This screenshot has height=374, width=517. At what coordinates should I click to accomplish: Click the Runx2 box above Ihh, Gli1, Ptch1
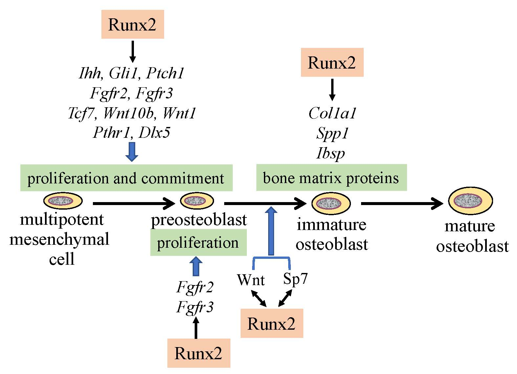(132, 25)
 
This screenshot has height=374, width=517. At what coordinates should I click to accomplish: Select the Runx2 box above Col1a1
(332, 62)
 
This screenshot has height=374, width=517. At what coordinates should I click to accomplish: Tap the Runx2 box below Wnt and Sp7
(271, 323)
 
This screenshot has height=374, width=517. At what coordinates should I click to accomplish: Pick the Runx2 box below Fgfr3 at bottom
(198, 353)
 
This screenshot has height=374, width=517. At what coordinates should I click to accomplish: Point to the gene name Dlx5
(155, 133)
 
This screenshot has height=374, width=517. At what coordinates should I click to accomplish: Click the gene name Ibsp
(331, 153)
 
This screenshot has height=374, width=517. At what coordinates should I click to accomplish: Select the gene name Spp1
(332, 134)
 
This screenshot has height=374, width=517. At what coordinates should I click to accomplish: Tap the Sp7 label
(295, 279)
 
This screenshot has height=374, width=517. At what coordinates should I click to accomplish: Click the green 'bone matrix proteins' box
(331, 178)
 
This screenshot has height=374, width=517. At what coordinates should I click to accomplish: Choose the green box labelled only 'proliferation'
(198, 243)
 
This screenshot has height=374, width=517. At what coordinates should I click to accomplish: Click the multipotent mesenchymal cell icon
(63, 200)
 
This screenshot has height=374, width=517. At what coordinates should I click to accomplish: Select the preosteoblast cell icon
(197, 200)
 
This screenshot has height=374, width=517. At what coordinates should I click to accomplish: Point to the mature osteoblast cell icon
(470, 201)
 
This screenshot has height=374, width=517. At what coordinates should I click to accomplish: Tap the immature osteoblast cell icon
(331, 203)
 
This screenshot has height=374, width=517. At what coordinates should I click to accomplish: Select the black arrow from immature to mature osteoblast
(402, 203)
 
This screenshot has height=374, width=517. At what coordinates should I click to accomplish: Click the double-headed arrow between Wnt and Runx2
(259, 299)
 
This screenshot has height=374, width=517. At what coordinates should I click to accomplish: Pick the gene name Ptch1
(165, 73)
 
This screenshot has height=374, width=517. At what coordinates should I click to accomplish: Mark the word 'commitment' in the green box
(183, 178)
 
